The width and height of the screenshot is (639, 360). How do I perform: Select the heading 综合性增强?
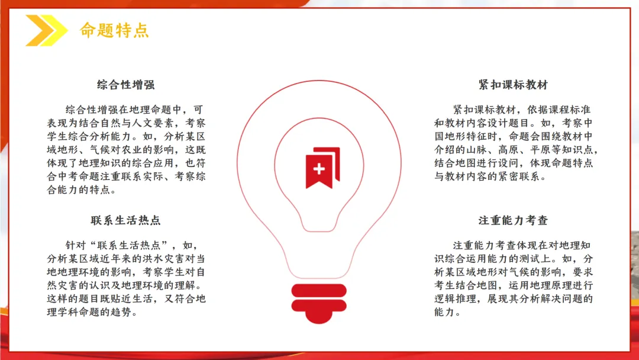[126, 85]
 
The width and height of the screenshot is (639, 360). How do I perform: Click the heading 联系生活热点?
[126, 220]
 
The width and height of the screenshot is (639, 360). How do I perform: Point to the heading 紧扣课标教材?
[514, 85]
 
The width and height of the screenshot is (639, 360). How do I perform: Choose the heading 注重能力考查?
[514, 220]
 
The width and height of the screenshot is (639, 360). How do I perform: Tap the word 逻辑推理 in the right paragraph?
[456, 300]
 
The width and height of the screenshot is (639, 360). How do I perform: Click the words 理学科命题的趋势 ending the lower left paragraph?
[89, 313]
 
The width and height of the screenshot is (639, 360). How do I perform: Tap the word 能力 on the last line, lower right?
[444, 313]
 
